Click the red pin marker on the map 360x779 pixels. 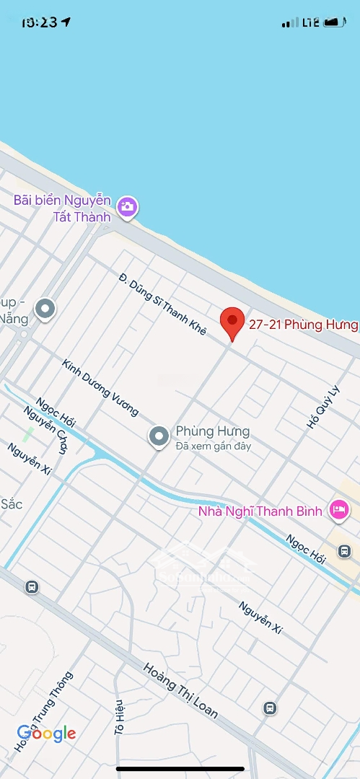232,322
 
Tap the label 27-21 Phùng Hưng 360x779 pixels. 303,325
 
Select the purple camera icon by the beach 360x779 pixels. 128,207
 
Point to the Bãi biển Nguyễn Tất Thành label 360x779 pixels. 63,208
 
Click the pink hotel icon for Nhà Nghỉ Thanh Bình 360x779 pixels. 338,511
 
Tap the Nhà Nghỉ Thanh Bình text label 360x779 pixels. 259,511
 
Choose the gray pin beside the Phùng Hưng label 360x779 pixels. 159,436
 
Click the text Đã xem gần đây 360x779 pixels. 213,446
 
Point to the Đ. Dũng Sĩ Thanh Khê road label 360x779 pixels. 163,304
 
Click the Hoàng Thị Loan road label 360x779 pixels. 180,690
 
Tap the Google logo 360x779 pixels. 46,734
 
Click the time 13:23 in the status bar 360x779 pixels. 39,22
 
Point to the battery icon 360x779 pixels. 334,22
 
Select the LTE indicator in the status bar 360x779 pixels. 311,22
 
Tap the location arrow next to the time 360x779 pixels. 66,22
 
